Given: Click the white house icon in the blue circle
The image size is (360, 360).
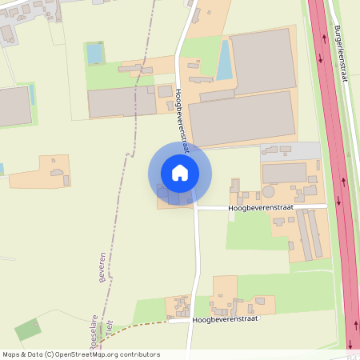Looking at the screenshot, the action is [179, 172].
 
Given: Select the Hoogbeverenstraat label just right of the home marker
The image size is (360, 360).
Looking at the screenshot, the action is [261, 207].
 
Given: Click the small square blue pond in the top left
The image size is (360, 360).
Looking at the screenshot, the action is [94, 54].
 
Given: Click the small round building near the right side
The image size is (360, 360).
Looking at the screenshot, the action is [269, 192].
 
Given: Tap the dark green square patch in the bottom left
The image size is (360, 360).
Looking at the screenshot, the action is [27, 330].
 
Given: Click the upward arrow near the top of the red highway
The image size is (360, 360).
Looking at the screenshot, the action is [321, 58].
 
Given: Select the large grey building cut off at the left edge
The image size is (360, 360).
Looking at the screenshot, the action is [14, 106].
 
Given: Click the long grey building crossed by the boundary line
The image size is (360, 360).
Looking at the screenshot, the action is [122, 102].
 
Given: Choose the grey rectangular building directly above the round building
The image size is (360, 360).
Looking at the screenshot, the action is [284, 172].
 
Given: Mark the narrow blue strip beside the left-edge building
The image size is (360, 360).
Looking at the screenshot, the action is [32, 96].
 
